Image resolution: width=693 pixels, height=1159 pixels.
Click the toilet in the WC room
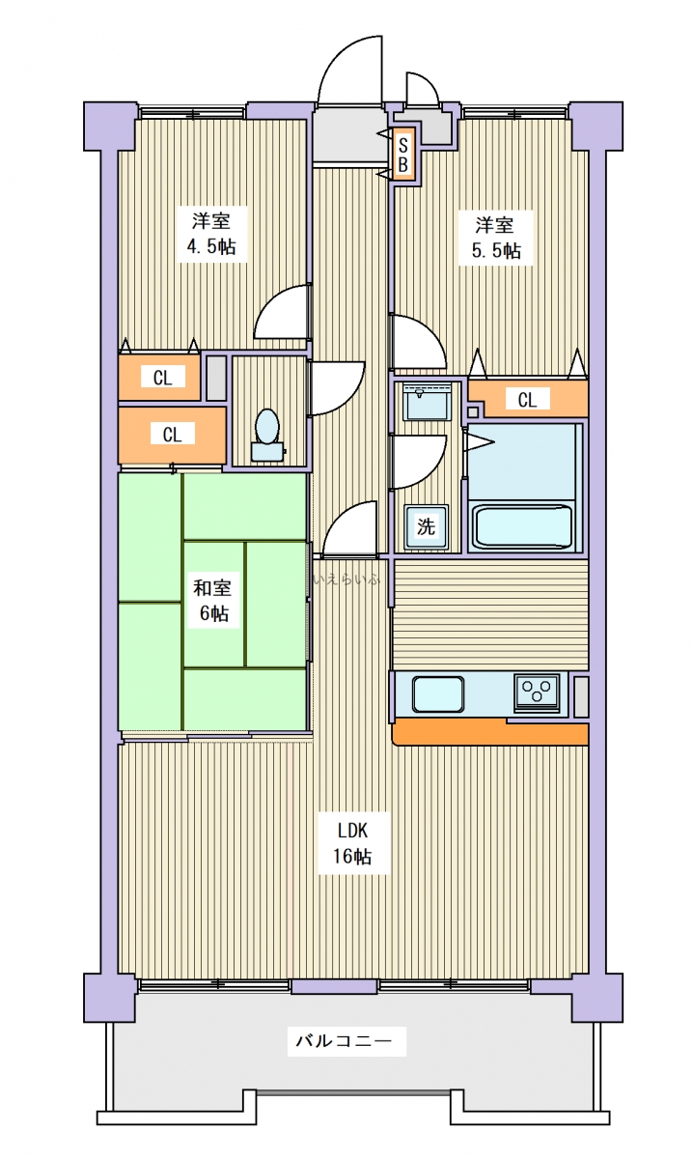[x=267, y=435]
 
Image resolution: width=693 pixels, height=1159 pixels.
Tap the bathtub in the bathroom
[x=523, y=526]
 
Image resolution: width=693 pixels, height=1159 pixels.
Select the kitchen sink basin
[x=437, y=694]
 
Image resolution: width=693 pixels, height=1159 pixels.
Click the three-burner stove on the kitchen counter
[x=537, y=693]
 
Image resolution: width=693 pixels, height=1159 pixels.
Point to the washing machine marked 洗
[x=427, y=527]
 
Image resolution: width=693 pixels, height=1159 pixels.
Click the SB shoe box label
[x=402, y=155]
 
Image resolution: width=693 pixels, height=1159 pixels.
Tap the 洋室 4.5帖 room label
[x=211, y=234]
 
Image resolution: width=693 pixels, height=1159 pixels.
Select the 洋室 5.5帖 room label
[x=496, y=238]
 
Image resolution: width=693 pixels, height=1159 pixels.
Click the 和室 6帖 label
[x=212, y=600]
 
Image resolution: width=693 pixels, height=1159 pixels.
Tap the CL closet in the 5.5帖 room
[x=529, y=398]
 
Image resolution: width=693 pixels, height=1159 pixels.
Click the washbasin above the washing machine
[x=427, y=402]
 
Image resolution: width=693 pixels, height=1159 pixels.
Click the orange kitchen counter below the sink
[x=490, y=733]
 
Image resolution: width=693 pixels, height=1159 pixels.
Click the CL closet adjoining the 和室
[x=172, y=436]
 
